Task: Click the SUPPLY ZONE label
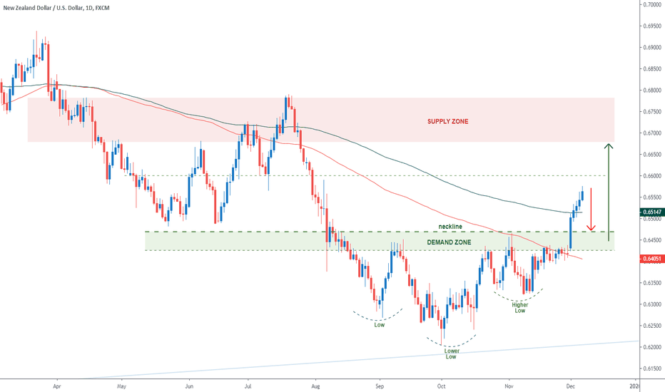click(x=448, y=121)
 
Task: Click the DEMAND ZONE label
click(x=449, y=242)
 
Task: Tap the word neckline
click(x=450, y=227)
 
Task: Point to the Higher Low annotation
click(x=519, y=307)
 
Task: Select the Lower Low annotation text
click(x=451, y=354)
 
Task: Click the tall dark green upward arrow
click(x=608, y=191)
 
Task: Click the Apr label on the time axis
click(x=56, y=385)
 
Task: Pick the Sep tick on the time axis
click(x=380, y=385)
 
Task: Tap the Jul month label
click(x=247, y=385)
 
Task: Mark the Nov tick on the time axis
click(x=508, y=385)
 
